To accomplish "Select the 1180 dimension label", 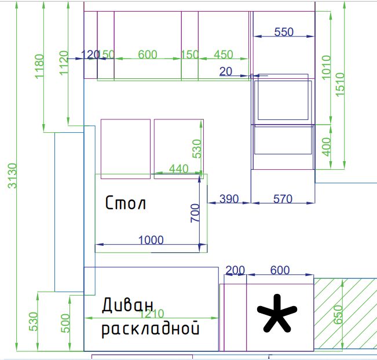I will pos(39,66).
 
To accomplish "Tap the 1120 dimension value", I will pos(64,63).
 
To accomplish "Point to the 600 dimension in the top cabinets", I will pos(148,54).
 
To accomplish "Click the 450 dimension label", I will pos(224,54).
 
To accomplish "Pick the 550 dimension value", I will pos(284,32).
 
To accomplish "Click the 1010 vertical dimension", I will pos(325,67).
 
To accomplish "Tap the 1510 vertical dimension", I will pos(340,84).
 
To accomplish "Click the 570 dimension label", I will pos(283,199).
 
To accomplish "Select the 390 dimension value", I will pos(229,199).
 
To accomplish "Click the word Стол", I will pos(125,203).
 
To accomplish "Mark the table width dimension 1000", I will pos(151,240).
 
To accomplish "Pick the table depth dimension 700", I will pos(195,213).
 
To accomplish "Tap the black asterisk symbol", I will pos(276,314).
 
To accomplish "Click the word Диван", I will pos(128,306).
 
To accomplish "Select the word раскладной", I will pos(151,330).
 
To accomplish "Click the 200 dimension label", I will pos(235,270).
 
